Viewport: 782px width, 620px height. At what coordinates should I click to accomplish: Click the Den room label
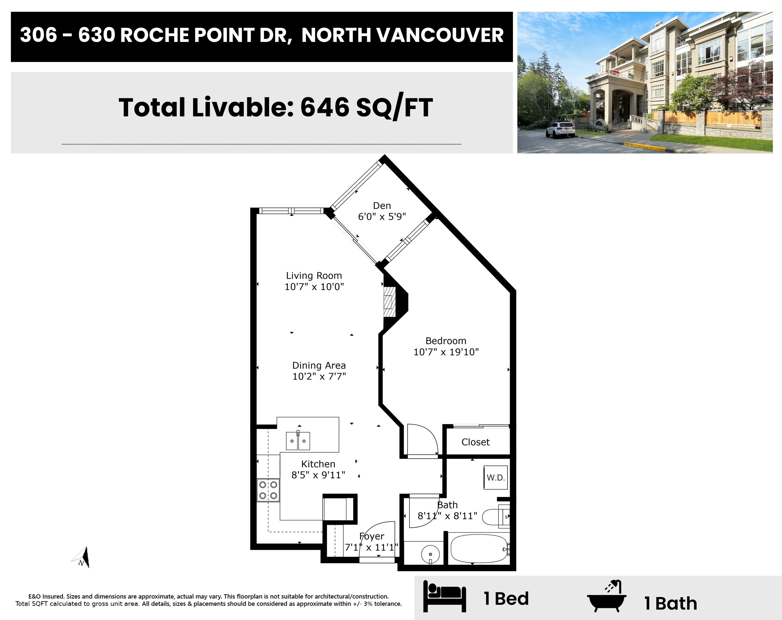tap(382, 206)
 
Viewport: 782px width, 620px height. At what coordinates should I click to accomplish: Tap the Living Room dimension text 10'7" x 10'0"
tap(314, 287)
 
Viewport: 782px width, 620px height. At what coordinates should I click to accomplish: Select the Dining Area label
tap(319, 365)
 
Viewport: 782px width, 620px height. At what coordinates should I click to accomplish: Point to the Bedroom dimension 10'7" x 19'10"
tap(446, 352)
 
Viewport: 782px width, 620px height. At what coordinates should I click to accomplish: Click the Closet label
tap(476, 442)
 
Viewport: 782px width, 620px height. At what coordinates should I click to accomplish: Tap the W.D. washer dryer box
tap(496, 477)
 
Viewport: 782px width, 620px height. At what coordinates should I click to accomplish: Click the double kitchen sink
tap(298, 441)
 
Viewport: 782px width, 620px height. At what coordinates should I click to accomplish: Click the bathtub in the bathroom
tap(479, 548)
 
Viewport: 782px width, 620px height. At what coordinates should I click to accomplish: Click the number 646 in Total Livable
tap(325, 107)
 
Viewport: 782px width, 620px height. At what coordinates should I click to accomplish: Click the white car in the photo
tap(560, 130)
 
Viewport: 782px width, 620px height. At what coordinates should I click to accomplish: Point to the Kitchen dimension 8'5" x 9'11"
tap(318, 475)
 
